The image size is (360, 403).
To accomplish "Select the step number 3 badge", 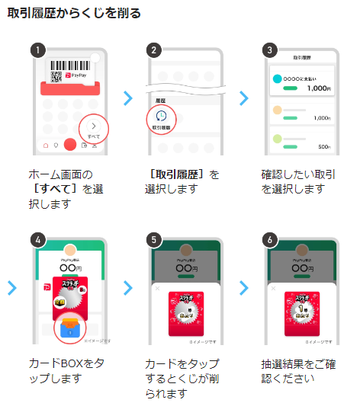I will [268, 51].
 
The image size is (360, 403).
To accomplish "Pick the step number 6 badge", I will [268, 239].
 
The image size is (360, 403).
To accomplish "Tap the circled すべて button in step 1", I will [93, 127].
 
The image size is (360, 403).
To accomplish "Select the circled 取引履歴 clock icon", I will [161, 118].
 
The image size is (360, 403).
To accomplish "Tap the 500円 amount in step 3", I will [324, 146].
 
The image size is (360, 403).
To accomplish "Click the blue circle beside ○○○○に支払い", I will [278, 79].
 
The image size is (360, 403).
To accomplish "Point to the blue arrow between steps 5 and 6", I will [244, 288].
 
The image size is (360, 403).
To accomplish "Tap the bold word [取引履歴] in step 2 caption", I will [173, 174].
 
